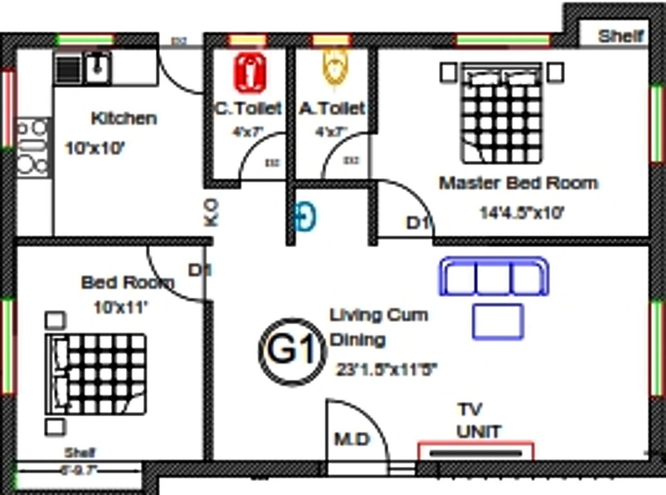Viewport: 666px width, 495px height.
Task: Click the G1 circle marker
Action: [289, 351]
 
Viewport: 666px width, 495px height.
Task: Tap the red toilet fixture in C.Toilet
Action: [250, 73]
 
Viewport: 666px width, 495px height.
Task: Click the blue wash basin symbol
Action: [305, 217]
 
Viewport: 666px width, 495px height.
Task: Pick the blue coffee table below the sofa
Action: [497, 322]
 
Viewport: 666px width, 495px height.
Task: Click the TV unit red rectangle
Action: [475, 452]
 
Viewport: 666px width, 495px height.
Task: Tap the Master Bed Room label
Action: [518, 183]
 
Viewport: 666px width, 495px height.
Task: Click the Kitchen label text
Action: [124, 119]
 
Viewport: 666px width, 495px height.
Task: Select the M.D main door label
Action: [352, 440]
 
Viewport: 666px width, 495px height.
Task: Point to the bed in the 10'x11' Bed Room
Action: [97, 374]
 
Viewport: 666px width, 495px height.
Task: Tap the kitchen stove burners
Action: [32, 147]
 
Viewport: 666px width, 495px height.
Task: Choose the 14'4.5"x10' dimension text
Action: [521, 213]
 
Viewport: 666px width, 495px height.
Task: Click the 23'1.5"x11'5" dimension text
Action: [386, 370]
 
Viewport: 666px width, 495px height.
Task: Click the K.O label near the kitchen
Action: [211, 211]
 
